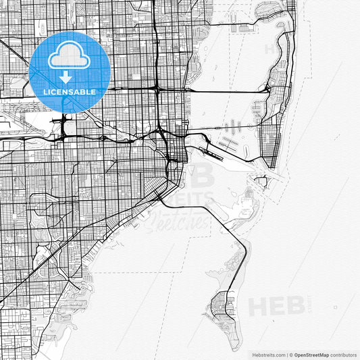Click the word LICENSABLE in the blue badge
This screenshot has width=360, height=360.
click(x=70, y=92)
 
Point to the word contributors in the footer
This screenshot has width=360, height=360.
click(x=344, y=354)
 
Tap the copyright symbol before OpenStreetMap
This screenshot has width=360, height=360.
click(x=290, y=354)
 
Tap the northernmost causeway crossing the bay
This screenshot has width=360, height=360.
click(x=223, y=90)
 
